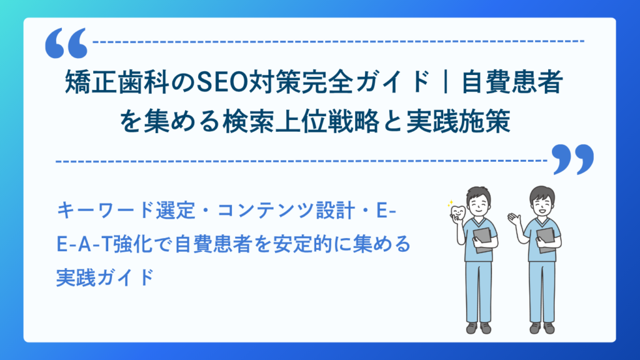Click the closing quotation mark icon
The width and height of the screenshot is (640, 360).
click(572, 159)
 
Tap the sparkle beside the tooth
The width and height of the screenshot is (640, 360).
click(448, 204)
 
